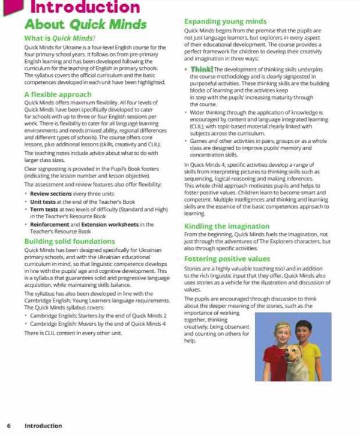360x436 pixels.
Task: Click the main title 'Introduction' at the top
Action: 84,7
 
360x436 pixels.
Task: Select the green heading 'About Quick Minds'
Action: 85,25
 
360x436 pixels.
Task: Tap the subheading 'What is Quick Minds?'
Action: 62,38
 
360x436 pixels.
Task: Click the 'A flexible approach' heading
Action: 58,94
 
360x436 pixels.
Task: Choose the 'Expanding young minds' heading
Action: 225,22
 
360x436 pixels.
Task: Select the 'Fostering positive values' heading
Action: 227,259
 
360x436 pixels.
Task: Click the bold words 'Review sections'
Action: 51,194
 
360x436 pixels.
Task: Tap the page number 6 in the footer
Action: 8,426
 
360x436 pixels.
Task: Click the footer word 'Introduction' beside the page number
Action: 43,426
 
